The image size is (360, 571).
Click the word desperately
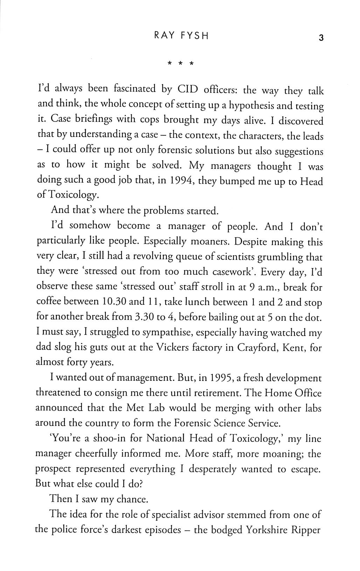[214, 469]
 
